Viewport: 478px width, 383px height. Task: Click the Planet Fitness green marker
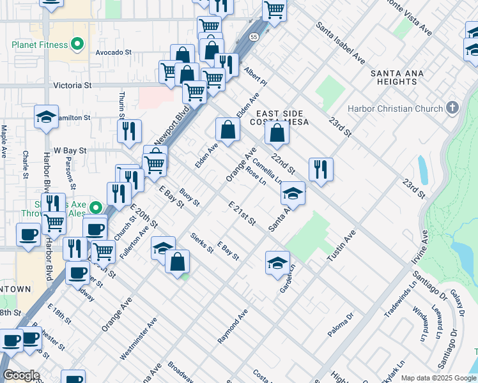click(78, 45)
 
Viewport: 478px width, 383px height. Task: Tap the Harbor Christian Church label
click(396, 108)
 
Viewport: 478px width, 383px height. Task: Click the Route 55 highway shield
click(254, 38)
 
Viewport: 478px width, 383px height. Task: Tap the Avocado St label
click(113, 53)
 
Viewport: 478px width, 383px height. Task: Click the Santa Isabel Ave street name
click(340, 43)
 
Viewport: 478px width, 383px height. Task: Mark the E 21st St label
click(242, 213)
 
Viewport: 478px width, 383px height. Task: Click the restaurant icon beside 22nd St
click(321, 169)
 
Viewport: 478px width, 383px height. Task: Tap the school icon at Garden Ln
click(277, 262)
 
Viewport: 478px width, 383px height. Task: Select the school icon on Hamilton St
click(46, 116)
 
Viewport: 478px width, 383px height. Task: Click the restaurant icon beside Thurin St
click(129, 131)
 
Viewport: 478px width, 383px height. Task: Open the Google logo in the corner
click(21, 375)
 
